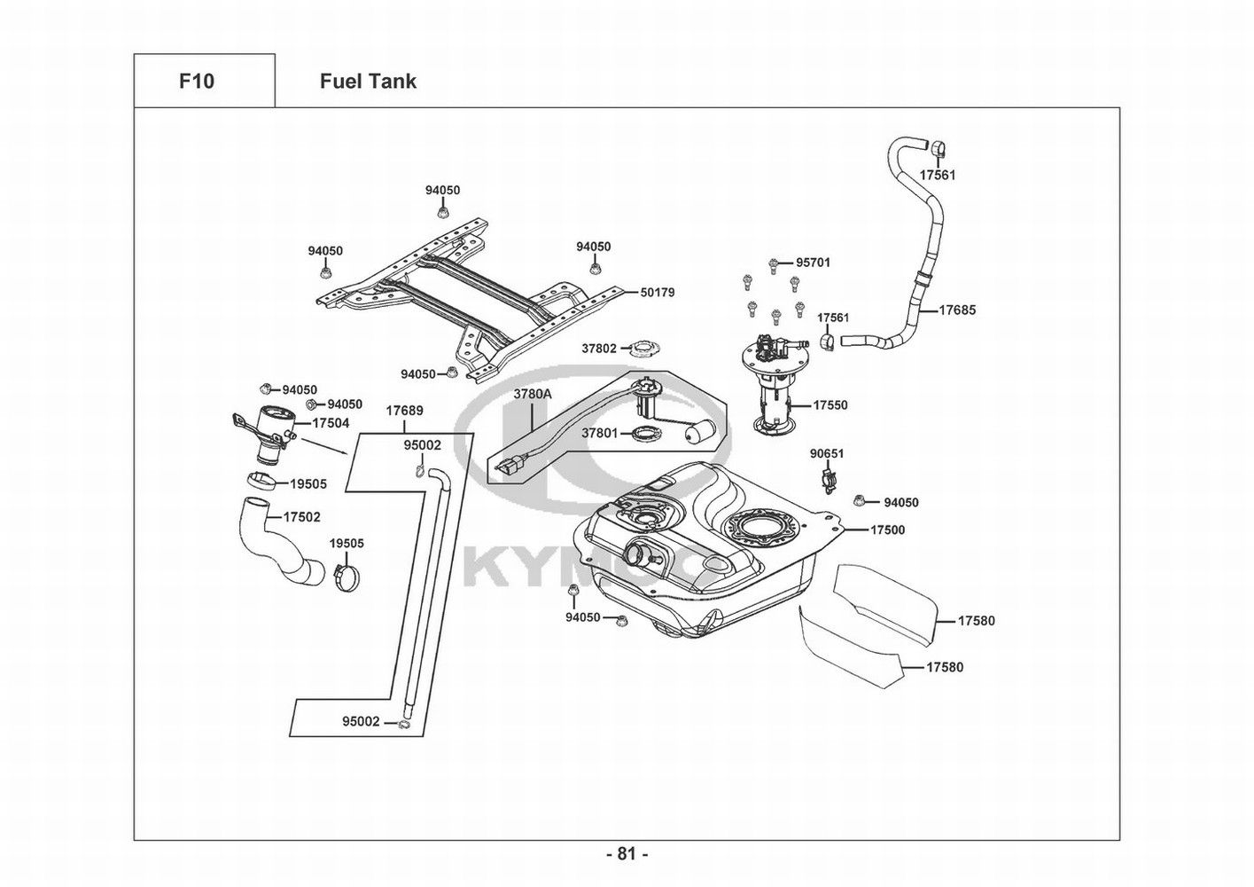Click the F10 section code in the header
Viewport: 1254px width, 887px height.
(196, 82)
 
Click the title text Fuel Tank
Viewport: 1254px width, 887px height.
(368, 82)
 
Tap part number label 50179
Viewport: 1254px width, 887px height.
(657, 292)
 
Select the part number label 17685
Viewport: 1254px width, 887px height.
(957, 310)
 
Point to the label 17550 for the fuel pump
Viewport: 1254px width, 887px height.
(830, 405)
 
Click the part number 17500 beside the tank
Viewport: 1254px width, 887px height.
(887, 530)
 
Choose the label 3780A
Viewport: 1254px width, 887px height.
(533, 393)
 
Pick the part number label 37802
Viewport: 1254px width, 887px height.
(599, 349)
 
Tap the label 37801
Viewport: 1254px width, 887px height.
(599, 434)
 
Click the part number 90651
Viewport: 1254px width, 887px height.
(827, 453)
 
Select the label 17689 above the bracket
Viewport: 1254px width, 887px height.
(404, 412)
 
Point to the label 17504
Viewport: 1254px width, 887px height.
(331, 424)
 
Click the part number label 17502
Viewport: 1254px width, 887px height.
(302, 516)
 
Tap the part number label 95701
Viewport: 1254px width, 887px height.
(813, 263)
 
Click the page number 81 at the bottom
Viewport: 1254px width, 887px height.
(627, 854)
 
